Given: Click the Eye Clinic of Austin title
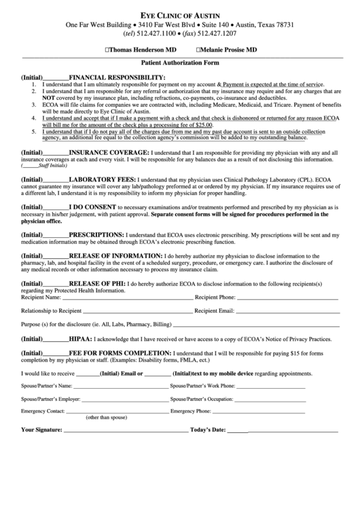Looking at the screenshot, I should [x=179, y=14].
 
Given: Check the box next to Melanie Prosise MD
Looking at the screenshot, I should [x=198, y=50].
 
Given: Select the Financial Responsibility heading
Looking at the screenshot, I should [x=117, y=77].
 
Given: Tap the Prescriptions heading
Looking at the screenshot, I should [x=102, y=232].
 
